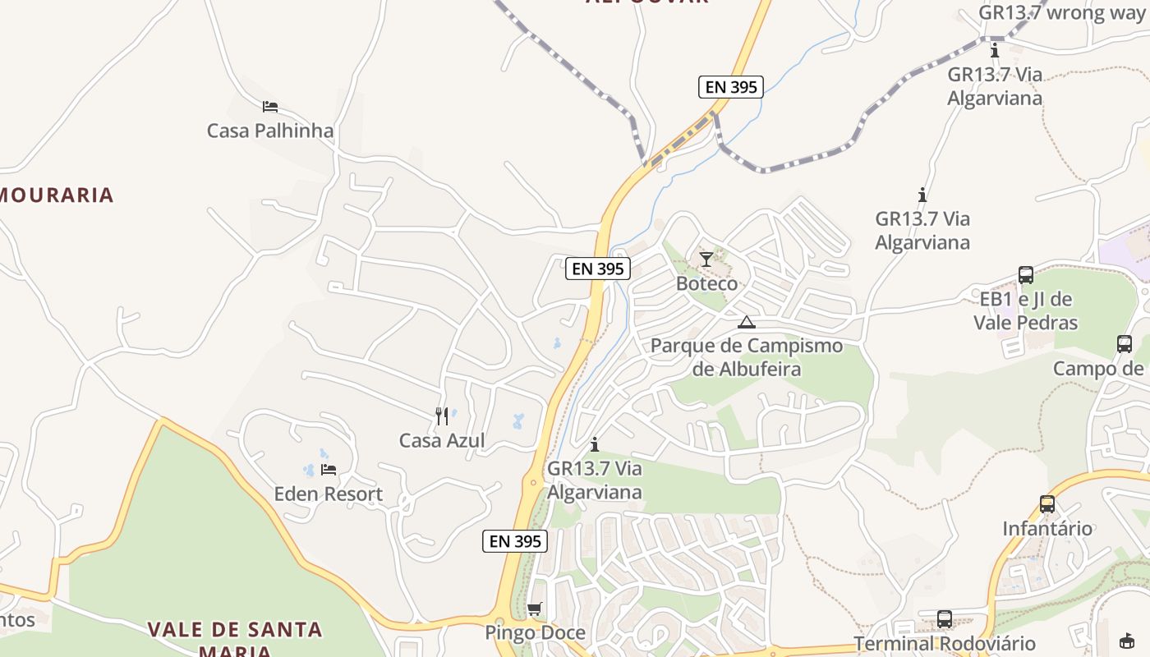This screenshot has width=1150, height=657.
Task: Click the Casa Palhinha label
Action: click(x=270, y=131)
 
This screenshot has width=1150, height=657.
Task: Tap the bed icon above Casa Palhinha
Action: click(x=270, y=107)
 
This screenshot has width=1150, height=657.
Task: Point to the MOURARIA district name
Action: click(x=56, y=195)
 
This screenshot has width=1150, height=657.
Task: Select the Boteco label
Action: click(x=706, y=284)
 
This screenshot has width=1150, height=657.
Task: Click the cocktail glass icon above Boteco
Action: click(x=706, y=260)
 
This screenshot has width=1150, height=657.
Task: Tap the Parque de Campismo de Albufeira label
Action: click(x=746, y=357)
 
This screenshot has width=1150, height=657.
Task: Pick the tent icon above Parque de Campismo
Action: click(x=746, y=322)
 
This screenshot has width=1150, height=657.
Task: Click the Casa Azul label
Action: click(x=442, y=441)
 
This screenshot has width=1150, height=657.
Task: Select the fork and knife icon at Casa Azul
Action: click(x=442, y=416)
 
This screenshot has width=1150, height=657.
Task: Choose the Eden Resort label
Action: click(x=328, y=494)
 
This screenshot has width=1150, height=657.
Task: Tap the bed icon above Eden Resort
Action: click(x=329, y=470)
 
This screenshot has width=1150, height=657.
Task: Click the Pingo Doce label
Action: click(x=535, y=633)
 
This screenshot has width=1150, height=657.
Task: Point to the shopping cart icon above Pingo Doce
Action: click(x=535, y=609)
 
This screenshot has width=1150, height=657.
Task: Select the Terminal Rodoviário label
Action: click(x=945, y=644)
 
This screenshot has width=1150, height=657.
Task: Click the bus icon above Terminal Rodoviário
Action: click(x=945, y=618)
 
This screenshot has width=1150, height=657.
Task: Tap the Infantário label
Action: click(x=1047, y=529)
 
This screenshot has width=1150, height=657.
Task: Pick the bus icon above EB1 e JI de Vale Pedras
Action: click(x=1025, y=275)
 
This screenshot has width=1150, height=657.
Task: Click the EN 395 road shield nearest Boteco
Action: click(x=598, y=269)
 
